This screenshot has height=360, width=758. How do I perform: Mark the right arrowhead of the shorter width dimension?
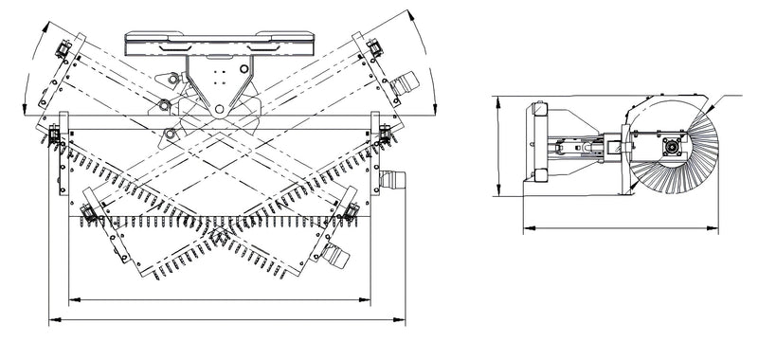coord(370,300)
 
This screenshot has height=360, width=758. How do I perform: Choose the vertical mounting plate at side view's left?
coord(540,142)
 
